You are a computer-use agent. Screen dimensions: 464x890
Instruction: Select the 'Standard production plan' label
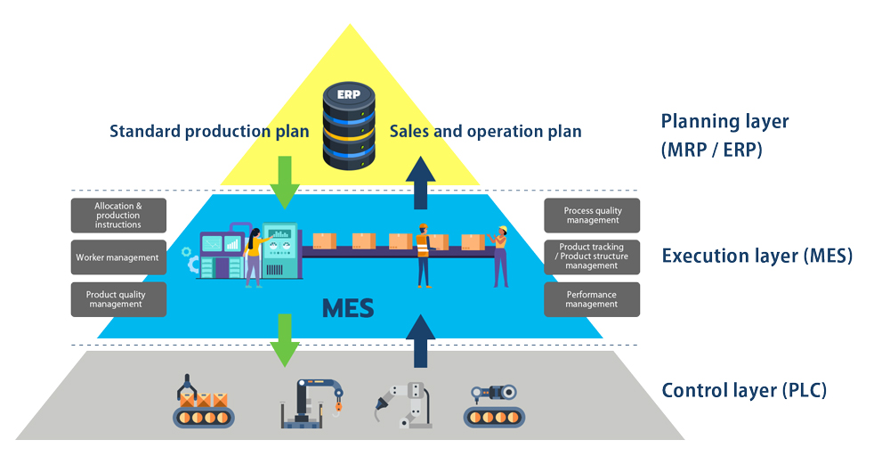pyautogui.click(x=209, y=132)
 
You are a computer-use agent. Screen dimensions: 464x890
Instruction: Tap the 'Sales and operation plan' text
pyautogui.click(x=486, y=132)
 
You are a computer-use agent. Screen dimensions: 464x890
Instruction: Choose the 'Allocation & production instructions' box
pyautogui.click(x=118, y=215)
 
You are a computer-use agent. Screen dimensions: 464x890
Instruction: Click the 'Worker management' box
pyautogui.click(x=117, y=257)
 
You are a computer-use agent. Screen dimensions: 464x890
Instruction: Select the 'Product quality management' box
pyautogui.click(x=118, y=299)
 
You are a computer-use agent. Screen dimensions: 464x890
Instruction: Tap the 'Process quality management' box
pyautogui.click(x=592, y=216)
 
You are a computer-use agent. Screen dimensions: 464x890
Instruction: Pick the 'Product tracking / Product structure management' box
pyautogui.click(x=592, y=256)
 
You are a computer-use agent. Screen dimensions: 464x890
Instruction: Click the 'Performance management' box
pyautogui.click(x=592, y=299)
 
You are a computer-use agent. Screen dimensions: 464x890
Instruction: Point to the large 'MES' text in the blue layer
pyautogui.click(x=348, y=308)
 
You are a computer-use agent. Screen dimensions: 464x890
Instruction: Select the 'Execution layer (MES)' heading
pyautogui.click(x=757, y=256)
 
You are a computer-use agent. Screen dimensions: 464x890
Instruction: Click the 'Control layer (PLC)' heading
pyautogui.click(x=744, y=390)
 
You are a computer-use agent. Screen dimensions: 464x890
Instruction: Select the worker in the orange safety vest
pyautogui.click(x=424, y=255)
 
